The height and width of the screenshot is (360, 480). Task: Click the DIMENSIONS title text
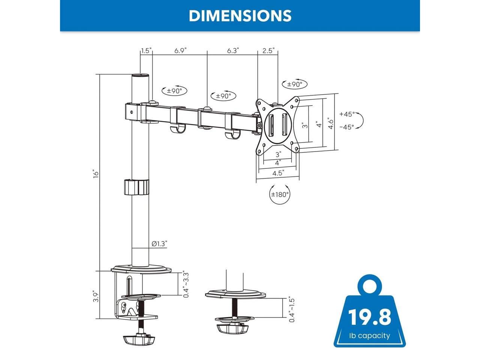[x=240, y=16]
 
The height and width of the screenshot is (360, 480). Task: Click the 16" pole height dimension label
[x=96, y=174]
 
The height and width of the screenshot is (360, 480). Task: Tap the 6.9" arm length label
[x=180, y=51]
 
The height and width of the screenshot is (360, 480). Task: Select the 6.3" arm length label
[x=232, y=51]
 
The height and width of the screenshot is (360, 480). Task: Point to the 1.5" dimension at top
[x=146, y=51]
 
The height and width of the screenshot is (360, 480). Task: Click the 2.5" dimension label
[x=268, y=51]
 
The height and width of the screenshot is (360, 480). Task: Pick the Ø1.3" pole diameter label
[x=159, y=244]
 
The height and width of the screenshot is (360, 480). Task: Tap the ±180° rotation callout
[x=280, y=194]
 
